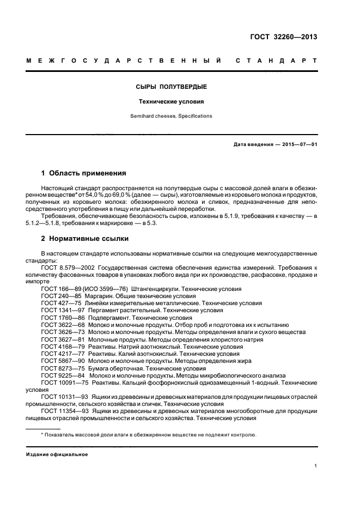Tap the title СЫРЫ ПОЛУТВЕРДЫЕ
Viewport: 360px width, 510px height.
point(171,87)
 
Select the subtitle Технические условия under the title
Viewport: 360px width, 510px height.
point(171,101)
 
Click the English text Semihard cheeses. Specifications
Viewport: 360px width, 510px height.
point(171,116)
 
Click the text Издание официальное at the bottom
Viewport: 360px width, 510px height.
point(57,454)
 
